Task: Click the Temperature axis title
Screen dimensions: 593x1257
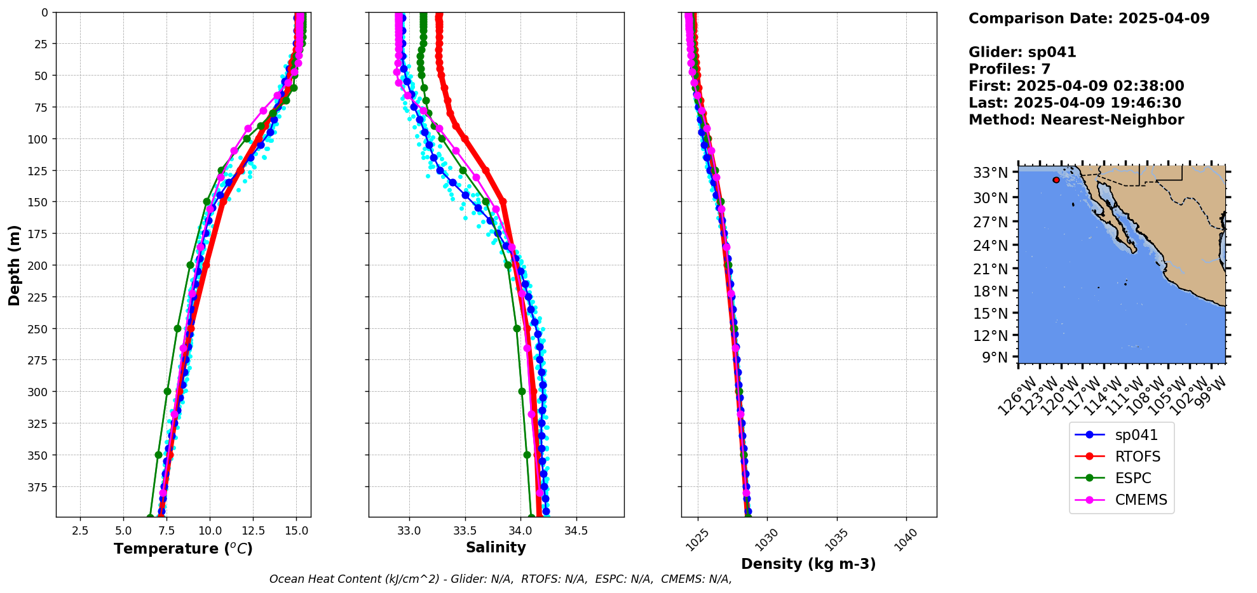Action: (x=183, y=549)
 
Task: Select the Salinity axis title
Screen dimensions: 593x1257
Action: (x=496, y=548)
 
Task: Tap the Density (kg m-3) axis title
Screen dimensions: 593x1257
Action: (x=808, y=564)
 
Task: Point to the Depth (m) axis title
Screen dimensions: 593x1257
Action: (x=14, y=265)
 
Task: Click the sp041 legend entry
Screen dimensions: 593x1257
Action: (x=1136, y=435)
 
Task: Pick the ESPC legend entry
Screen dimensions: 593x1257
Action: (x=1132, y=478)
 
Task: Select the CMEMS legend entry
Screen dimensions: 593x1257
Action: (x=1141, y=500)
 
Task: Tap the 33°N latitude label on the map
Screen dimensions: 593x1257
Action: (x=991, y=173)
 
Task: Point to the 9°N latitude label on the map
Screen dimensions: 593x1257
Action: (x=995, y=357)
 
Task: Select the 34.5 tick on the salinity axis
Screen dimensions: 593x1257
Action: (x=576, y=531)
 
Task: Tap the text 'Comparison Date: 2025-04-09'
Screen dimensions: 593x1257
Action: (x=1089, y=18)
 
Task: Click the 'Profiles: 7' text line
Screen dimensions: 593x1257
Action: (x=1009, y=69)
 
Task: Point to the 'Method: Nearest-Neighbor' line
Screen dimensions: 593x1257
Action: (x=1076, y=120)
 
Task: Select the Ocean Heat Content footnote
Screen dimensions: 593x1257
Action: (x=500, y=579)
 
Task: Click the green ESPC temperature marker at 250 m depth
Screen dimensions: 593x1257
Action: (x=177, y=328)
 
